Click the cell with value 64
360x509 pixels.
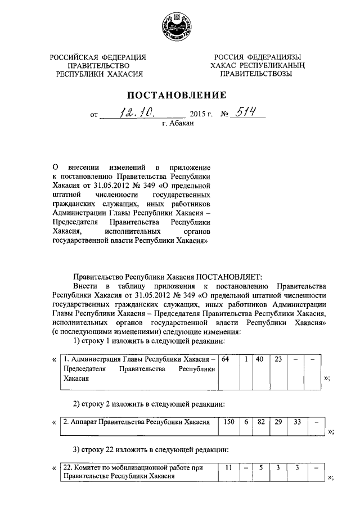[226, 359]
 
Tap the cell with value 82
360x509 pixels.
[260, 421]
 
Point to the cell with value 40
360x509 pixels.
[259, 359]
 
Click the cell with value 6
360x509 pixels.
[246, 421]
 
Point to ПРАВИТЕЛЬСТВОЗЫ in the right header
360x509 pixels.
[256, 73]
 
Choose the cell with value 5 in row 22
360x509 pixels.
[260, 468]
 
